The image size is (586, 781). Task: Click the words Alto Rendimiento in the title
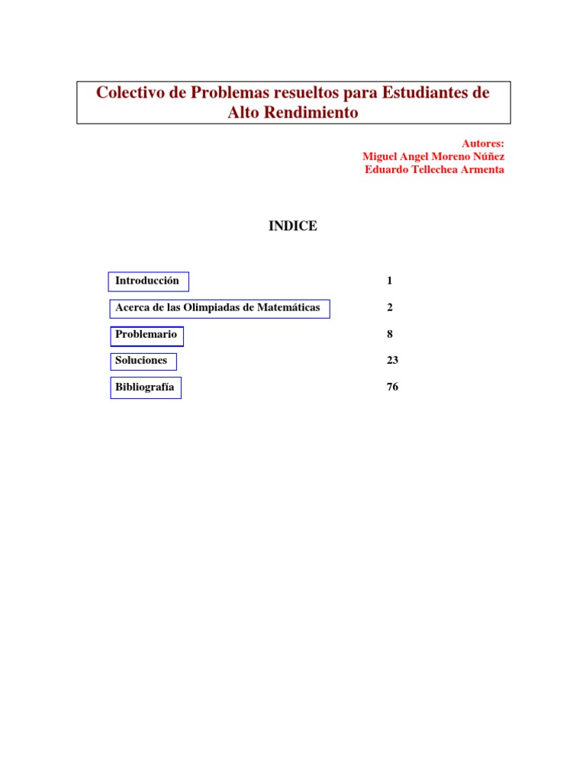tap(293, 113)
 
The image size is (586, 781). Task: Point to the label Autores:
tap(483, 143)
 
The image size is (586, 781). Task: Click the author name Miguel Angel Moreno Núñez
tap(433, 156)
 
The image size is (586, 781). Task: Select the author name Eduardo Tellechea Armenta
tap(434, 169)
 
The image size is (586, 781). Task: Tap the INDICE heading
tap(292, 226)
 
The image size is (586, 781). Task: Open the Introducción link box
tap(148, 281)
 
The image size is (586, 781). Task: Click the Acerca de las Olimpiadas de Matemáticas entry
tap(219, 307)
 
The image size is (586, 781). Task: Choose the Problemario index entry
tap(146, 334)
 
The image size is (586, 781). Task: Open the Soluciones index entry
tap(142, 360)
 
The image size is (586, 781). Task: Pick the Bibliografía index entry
tap(145, 387)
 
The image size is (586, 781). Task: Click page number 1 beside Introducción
tap(390, 281)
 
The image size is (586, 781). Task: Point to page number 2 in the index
tap(390, 307)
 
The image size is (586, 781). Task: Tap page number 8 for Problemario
tap(390, 334)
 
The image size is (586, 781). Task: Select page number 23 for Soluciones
tap(393, 360)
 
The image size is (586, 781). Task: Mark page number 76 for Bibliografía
tap(393, 387)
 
